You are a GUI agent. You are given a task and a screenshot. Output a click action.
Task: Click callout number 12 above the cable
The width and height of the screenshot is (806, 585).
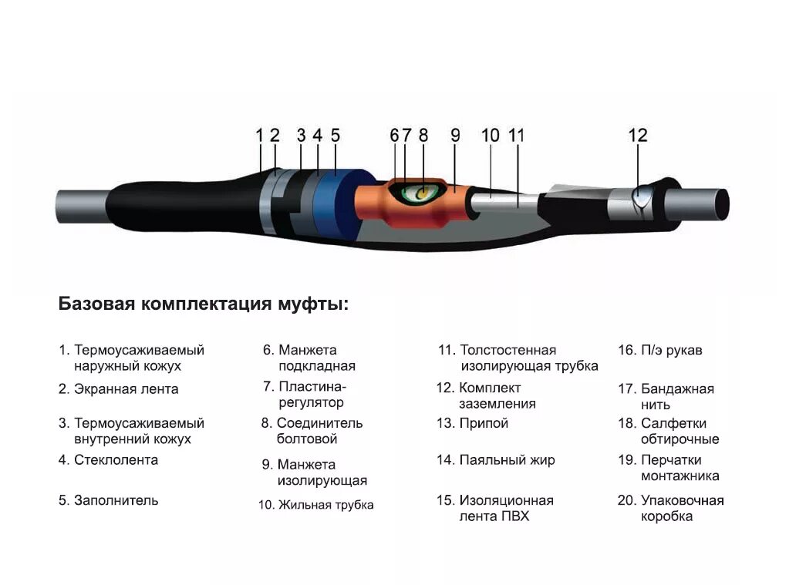pyautogui.click(x=638, y=136)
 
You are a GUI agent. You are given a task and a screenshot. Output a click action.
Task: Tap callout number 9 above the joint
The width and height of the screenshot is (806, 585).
pyautogui.click(x=455, y=136)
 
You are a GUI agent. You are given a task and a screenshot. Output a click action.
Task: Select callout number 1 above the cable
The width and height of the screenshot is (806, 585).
pyautogui.click(x=260, y=136)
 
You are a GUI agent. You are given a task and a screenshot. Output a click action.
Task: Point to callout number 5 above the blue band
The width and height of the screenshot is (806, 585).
pyautogui.click(x=335, y=136)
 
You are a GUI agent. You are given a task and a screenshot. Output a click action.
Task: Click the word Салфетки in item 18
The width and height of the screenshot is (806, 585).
pyautogui.click(x=673, y=423)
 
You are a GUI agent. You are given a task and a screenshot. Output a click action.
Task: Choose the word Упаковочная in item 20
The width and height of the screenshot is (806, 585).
pyautogui.click(x=682, y=500)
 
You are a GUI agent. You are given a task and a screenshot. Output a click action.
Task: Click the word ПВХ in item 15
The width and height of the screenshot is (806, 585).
pyautogui.click(x=514, y=516)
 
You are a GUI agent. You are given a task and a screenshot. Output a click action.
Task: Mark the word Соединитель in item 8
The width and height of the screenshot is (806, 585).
pyautogui.click(x=319, y=423)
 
